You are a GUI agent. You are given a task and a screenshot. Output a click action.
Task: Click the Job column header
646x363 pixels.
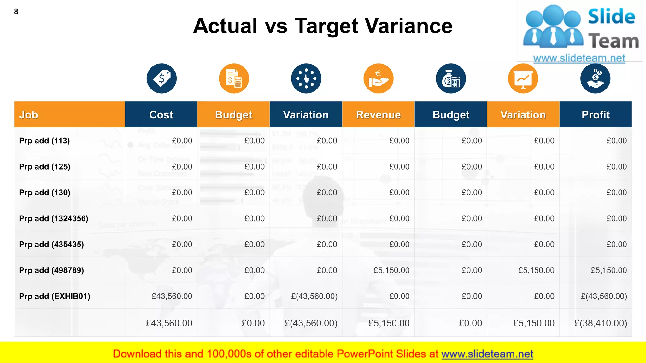coord(29,115)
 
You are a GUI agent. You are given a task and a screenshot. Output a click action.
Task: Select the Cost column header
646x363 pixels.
coord(161,115)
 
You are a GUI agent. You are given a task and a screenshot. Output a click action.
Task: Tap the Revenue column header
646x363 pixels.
coord(378,115)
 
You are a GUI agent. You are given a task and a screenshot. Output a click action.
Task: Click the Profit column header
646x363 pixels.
coord(596,115)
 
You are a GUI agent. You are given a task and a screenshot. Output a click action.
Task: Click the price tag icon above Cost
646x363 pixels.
coord(161,78)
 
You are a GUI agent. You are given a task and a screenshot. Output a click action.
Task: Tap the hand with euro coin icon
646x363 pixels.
coord(378,78)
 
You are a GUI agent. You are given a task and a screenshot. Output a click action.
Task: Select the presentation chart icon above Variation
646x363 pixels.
coord(523,78)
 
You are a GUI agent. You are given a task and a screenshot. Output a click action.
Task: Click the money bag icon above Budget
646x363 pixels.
coord(451,78)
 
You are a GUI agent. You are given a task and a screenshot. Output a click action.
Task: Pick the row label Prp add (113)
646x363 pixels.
coord(44,141)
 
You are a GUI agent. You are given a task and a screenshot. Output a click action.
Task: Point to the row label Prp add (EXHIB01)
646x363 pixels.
coord(55,296)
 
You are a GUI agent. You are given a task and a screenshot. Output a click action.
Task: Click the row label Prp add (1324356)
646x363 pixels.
coord(54,218)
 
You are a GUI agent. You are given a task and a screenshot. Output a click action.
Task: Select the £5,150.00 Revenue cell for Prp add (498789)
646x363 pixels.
coord(391,270)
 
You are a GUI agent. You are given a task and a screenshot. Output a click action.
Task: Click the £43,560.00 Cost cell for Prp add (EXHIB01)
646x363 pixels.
coord(172,296)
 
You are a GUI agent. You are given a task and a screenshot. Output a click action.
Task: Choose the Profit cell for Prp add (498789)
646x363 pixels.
coord(609,270)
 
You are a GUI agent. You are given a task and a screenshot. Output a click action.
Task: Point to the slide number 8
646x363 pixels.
coord(16,12)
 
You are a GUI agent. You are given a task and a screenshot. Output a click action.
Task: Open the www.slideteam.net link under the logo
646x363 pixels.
coord(579,58)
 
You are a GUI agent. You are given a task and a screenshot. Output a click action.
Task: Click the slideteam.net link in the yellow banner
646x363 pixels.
coord(487,354)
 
